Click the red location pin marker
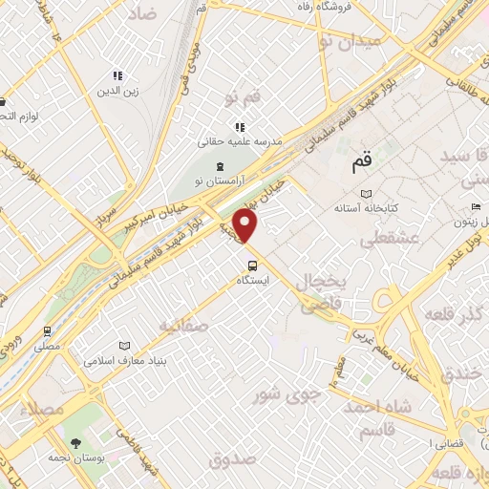click(246, 226)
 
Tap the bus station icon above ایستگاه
click(252, 266)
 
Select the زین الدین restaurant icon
click(117, 75)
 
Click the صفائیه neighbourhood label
click(185, 326)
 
